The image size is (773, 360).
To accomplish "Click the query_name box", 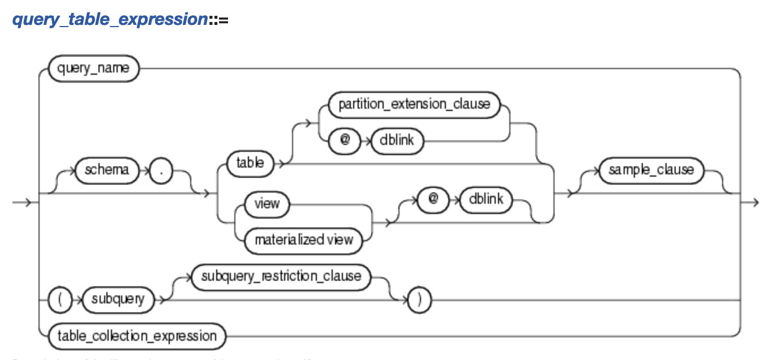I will click(93, 69).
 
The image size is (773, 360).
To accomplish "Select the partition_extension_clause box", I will click(414, 104).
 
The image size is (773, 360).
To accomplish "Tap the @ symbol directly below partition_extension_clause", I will click(343, 140).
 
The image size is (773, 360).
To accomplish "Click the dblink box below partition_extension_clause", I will click(397, 140).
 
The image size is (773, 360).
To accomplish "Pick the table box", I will click(250, 164).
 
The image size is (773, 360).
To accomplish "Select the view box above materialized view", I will click(267, 204).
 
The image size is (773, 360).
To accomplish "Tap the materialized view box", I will click(304, 239).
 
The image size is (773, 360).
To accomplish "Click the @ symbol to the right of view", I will click(431, 200).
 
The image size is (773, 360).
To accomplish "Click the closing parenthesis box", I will click(419, 300).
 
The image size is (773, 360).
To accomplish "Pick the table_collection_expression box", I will click(137, 336).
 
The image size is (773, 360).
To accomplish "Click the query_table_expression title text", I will click(110, 20).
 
